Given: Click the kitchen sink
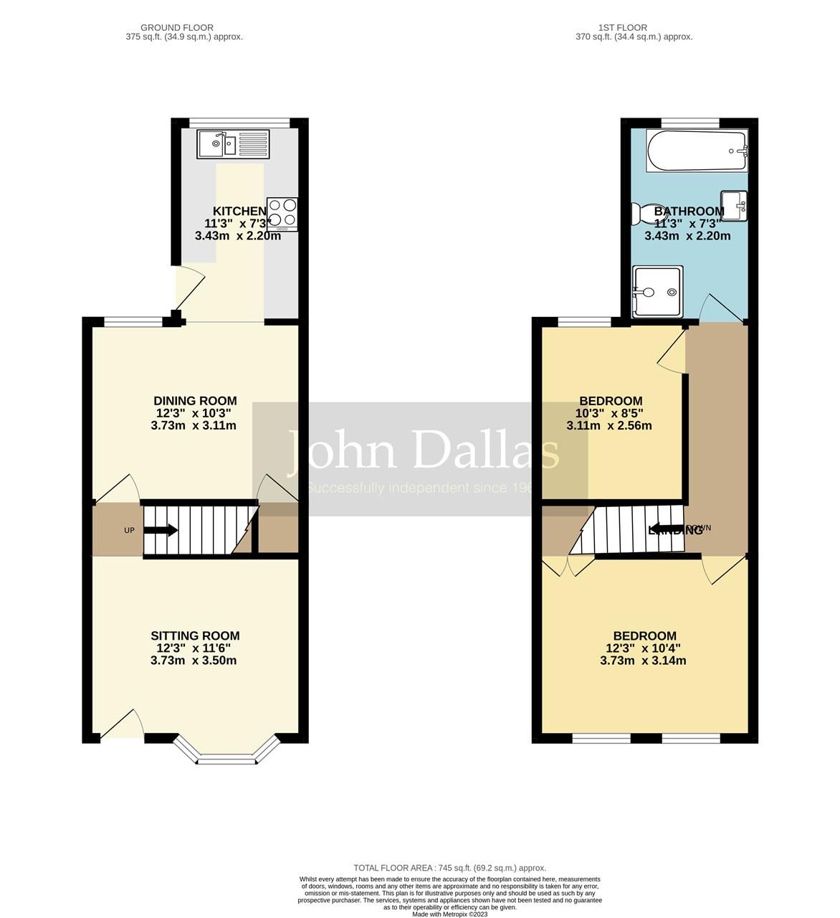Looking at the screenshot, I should coord(234,144).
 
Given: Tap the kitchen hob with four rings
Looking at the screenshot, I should coord(282,214).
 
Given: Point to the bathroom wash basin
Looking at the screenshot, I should coord(734,206).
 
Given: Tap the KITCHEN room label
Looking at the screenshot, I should coord(239,211).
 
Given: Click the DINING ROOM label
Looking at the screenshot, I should coord(195,401).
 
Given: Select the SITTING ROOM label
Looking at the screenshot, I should coord(195,635).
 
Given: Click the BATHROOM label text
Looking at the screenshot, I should coord(689,211).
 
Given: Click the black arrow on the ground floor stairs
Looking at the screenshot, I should coord(161,531).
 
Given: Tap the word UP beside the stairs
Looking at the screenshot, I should coord(130,531).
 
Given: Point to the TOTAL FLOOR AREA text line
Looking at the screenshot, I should coord(450,868).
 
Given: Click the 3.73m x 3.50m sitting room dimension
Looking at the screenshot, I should coord(194,661).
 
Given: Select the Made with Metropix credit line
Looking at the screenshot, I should coord(450,914).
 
